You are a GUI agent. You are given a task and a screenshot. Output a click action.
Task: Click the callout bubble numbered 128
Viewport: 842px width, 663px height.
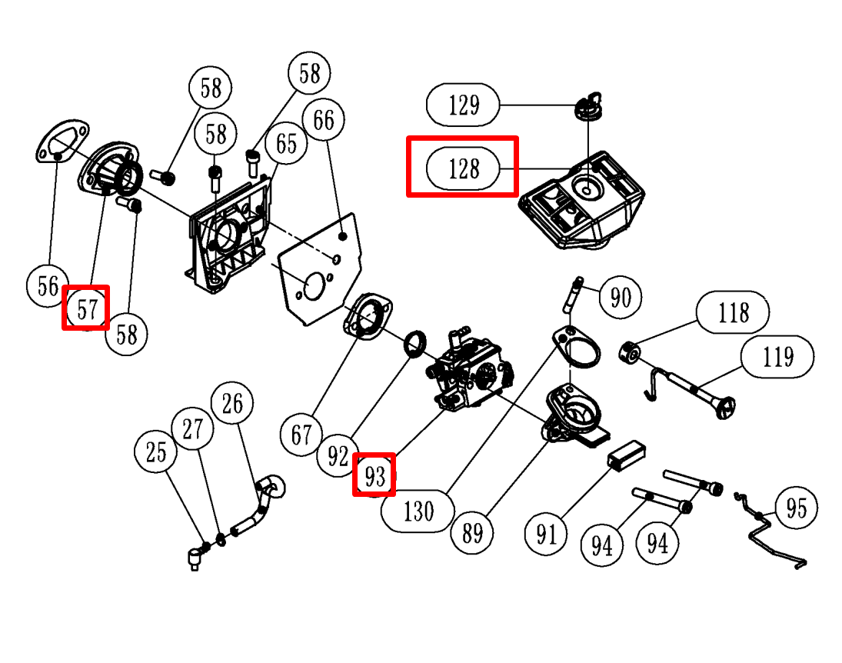(463, 168)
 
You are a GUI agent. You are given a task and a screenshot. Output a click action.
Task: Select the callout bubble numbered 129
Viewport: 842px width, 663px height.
(463, 105)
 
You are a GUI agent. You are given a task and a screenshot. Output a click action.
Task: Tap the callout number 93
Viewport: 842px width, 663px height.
(374, 476)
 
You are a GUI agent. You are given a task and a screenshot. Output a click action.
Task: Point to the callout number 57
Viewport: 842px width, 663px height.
(86, 308)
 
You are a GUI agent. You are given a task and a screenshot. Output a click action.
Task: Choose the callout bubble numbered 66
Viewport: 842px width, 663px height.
(324, 121)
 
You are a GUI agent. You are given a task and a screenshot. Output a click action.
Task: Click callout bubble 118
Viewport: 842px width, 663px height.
(733, 312)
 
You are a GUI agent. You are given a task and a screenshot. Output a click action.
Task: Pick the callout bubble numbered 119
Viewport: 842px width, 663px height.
(777, 356)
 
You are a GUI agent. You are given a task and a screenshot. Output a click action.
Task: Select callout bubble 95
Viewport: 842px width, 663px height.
(796, 508)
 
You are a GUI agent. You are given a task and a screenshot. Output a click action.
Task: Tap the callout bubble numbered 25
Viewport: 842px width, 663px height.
(155, 452)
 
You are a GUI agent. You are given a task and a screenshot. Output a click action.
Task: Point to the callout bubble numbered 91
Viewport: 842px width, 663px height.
(546, 533)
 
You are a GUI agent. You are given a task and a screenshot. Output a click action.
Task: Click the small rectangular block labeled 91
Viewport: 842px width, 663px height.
(625, 453)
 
